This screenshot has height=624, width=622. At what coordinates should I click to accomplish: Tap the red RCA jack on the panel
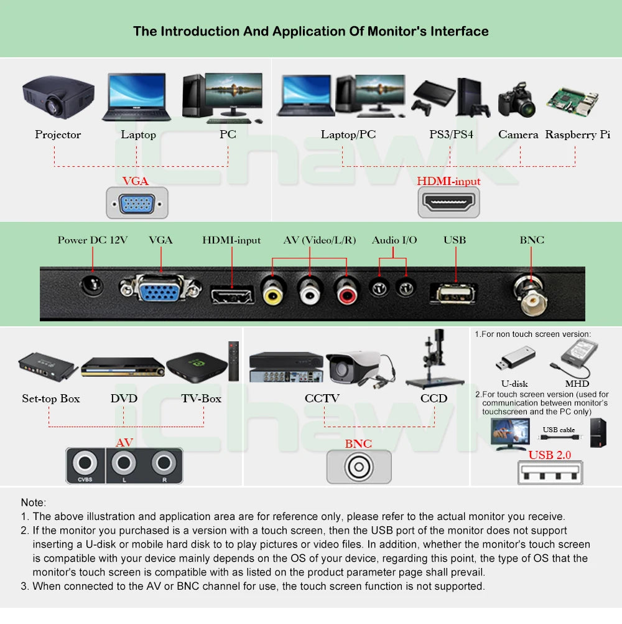[346, 290]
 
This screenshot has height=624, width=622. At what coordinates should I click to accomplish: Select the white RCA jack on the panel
[310, 290]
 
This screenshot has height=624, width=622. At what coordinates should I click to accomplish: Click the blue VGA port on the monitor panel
[160, 290]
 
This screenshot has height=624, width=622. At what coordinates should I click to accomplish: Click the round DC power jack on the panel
[93, 286]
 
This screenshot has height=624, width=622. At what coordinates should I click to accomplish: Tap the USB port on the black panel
[453, 293]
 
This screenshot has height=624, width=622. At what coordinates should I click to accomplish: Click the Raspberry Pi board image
[573, 102]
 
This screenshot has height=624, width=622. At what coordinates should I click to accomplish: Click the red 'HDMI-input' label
[448, 182]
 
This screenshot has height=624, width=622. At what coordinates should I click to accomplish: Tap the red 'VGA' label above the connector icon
[135, 181]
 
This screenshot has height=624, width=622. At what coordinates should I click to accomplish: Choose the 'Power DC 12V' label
[93, 240]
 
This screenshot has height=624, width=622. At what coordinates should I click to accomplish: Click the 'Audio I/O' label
[394, 240]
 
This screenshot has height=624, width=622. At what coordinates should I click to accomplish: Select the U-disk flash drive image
[515, 359]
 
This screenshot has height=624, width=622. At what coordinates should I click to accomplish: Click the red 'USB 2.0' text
[549, 455]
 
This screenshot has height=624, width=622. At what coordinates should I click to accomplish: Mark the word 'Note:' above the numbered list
[33, 503]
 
